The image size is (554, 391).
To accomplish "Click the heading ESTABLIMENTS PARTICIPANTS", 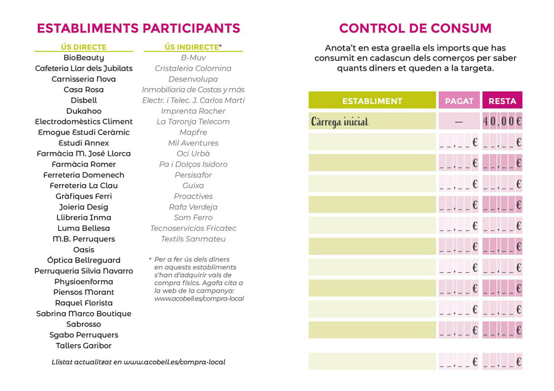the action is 138,28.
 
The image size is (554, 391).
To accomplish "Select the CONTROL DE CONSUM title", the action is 415,28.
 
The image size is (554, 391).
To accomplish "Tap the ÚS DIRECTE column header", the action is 84,47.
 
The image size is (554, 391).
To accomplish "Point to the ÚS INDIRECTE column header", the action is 193,47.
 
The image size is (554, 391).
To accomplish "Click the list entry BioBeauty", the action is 84,58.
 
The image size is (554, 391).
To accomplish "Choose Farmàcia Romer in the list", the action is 84,164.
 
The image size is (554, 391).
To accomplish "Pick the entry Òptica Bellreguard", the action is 84,260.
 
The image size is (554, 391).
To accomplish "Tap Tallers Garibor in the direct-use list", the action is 84,346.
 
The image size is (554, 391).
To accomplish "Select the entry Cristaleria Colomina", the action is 193,68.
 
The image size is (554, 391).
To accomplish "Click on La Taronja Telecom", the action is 193,122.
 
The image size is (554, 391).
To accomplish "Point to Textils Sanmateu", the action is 193,239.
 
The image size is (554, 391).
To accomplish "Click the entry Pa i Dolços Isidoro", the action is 193,164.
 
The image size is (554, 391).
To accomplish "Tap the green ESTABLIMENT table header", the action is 372,101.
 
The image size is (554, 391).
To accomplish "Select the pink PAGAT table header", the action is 459,101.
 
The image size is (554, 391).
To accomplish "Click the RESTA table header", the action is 502,101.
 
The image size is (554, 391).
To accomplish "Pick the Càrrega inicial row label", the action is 340,122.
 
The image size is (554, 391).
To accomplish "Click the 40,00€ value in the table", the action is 502,122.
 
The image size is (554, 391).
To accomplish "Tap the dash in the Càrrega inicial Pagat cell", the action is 459,122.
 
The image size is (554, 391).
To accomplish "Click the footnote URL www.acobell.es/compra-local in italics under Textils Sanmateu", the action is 199,299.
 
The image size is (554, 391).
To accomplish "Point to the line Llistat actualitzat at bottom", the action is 138,362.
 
